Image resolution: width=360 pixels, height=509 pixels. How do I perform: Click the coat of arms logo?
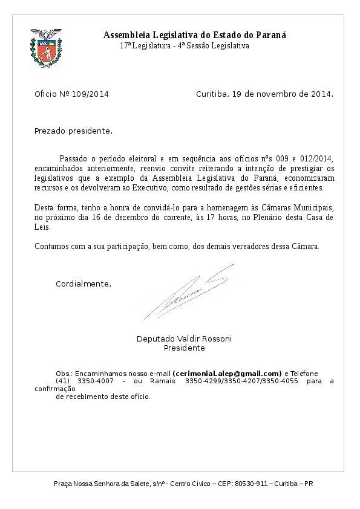(x=46, y=48)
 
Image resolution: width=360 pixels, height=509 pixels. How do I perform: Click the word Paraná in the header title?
(x=270, y=35)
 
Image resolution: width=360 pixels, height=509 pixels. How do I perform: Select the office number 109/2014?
(x=90, y=94)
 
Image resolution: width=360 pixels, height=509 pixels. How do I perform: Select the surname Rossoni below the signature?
(x=216, y=339)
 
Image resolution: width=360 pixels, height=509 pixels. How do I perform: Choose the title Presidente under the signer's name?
(x=185, y=348)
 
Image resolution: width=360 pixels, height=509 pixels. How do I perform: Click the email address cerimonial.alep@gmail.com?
(x=227, y=374)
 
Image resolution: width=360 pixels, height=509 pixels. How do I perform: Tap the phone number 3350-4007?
(x=96, y=381)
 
